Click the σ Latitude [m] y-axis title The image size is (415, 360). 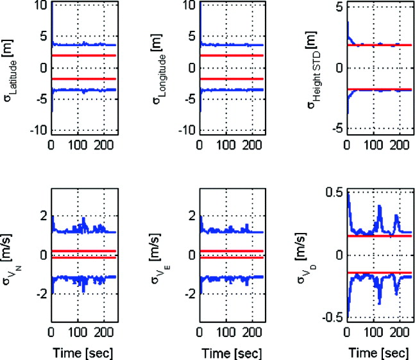(15, 68)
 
